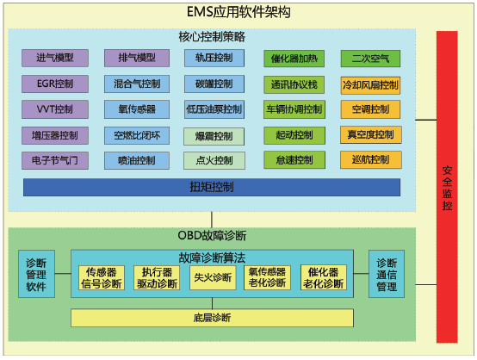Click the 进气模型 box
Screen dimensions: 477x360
click(55, 58)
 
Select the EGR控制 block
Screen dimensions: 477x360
click(55, 84)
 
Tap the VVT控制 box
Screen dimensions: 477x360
click(55, 109)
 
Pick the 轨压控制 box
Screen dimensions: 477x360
click(214, 58)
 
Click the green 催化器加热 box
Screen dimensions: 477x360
click(294, 59)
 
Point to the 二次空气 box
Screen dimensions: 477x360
click(370, 59)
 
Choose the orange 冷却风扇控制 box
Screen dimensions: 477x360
click(370, 85)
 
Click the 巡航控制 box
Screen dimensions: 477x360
click(371, 160)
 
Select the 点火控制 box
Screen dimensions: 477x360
click(214, 160)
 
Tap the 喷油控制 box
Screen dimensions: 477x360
click(137, 160)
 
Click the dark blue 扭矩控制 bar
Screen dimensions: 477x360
click(212, 187)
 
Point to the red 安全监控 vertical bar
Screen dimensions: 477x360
click(447, 187)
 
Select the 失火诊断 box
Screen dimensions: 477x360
click(213, 277)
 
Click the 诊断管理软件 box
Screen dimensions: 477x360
click(36, 274)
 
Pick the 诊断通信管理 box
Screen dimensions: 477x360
click(387, 274)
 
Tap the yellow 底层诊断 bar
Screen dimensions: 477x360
click(212, 318)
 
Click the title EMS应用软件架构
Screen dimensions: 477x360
click(238, 12)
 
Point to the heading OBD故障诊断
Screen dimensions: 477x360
click(212, 235)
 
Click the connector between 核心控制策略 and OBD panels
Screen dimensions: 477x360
click(212, 220)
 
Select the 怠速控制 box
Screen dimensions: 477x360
click(294, 160)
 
